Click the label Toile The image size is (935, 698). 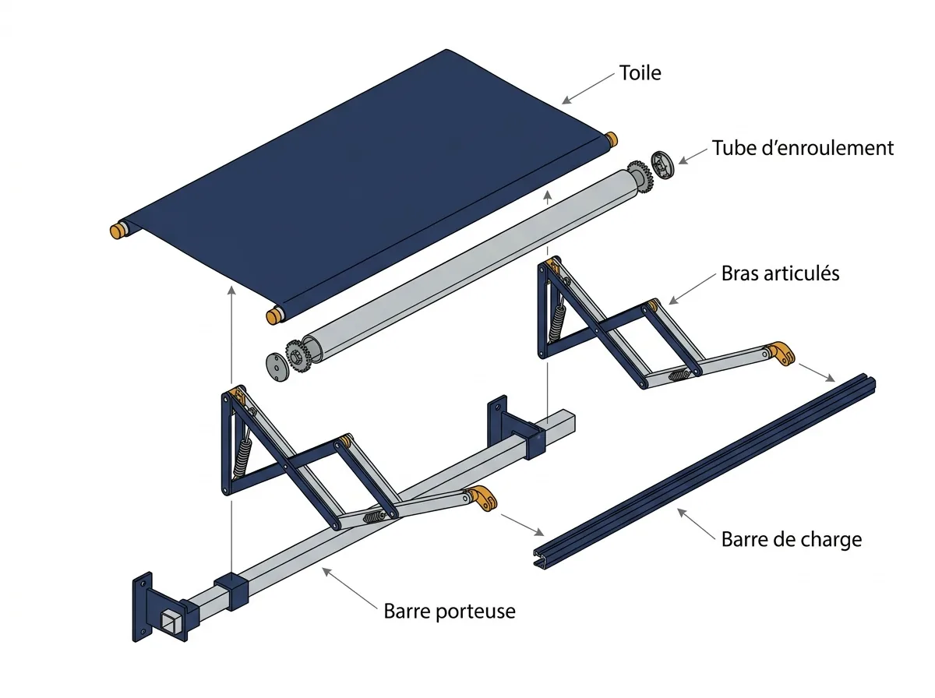[640, 72]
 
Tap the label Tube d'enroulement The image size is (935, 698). [803, 148]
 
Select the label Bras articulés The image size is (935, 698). [780, 273]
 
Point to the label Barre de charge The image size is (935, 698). [792, 540]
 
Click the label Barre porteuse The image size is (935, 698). [450, 611]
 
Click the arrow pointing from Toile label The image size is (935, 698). [587, 88]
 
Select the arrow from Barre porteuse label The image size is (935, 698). [349, 587]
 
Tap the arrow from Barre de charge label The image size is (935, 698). [697, 524]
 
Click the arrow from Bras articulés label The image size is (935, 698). [692, 289]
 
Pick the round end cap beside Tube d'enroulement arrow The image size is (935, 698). [662, 165]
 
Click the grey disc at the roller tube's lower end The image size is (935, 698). [277, 367]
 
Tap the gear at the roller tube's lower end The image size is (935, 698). [298, 356]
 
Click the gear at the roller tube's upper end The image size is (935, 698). [640, 177]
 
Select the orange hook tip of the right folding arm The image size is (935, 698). [781, 353]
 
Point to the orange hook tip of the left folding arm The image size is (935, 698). [482, 498]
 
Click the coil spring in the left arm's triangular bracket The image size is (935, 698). [242, 459]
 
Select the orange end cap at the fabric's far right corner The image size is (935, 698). [611, 139]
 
